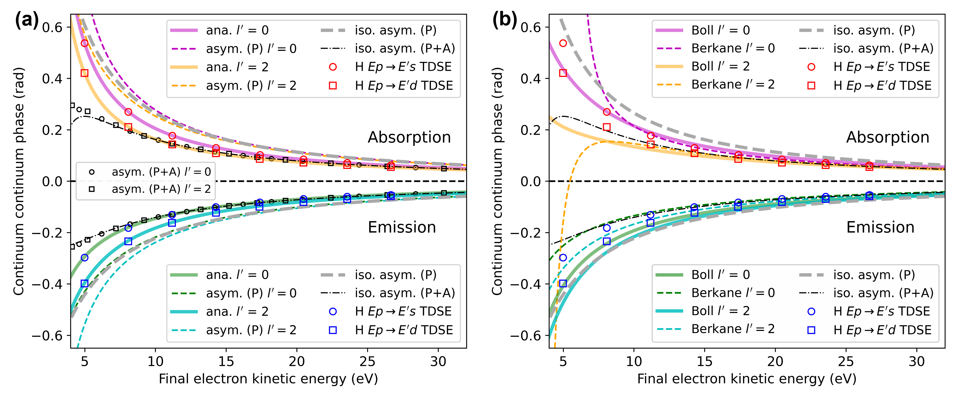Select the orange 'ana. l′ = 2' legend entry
[x=219, y=67]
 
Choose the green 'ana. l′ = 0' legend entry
[x=219, y=275]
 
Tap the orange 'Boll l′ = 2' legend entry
[x=702, y=66]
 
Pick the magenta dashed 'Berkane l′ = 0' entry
[x=715, y=48]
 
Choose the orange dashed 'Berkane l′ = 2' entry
[x=715, y=85]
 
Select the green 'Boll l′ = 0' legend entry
[x=702, y=275]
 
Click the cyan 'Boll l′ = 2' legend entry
[x=702, y=311]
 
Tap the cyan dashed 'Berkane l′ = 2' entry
[x=715, y=329]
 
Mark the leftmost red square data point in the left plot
[x=85, y=73]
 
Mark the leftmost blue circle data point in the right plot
[x=563, y=257]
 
